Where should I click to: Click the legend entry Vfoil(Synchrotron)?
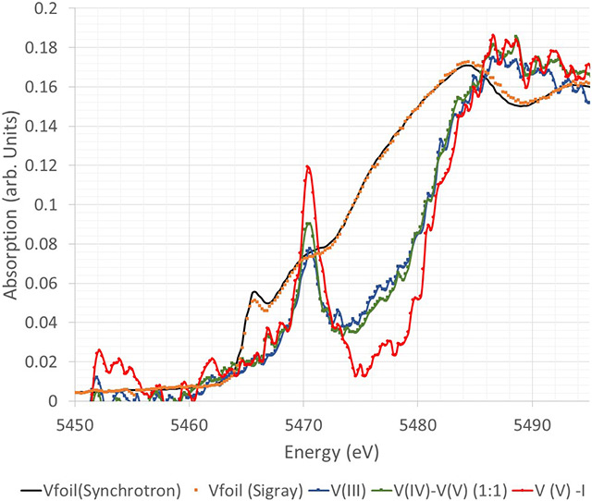coord(79,485)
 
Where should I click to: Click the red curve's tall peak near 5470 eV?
coord(306,166)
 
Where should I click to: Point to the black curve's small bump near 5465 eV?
coord(254,292)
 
